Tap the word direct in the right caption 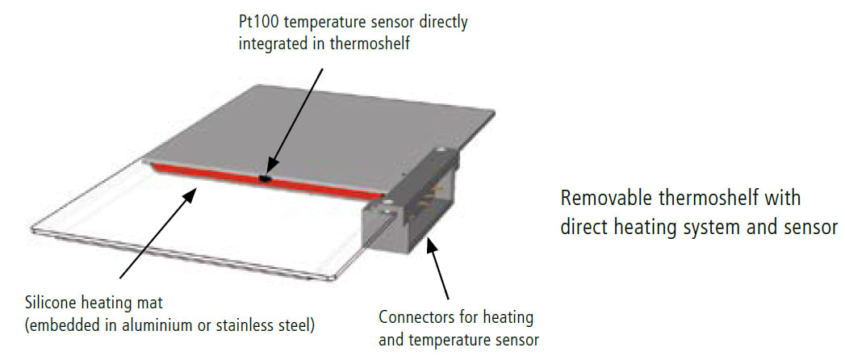point(582,227)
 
